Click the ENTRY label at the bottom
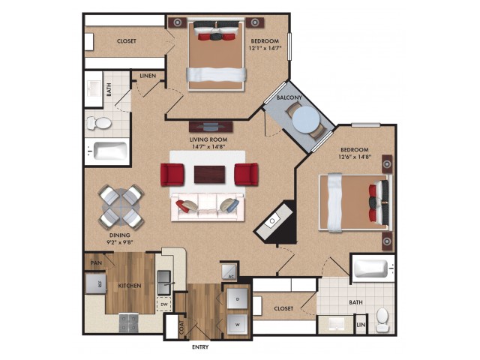pyautogui.click(x=200, y=346)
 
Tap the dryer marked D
pyautogui.click(x=238, y=298)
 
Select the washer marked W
pyautogui.click(x=238, y=324)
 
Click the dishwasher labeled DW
pyautogui.click(x=164, y=304)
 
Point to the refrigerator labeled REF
pyautogui.click(x=96, y=283)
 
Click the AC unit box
pyautogui.click(x=229, y=271)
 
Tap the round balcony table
pyautogui.click(x=306, y=120)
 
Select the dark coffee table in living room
pyautogui.click(x=210, y=175)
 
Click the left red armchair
pyautogui.click(x=172, y=175)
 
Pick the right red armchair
pyautogui.click(x=247, y=174)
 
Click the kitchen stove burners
pyautogui.click(x=128, y=322)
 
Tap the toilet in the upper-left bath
pyautogui.click(x=99, y=123)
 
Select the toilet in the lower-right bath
pyautogui.click(x=382, y=320)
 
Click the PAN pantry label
pyautogui.click(x=96, y=262)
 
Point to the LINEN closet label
pyautogui.click(x=148, y=76)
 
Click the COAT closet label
pyautogui.click(x=181, y=327)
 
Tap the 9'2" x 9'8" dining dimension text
pyautogui.click(x=120, y=243)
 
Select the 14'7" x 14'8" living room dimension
pyautogui.click(x=208, y=147)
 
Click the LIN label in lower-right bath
pyautogui.click(x=361, y=325)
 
